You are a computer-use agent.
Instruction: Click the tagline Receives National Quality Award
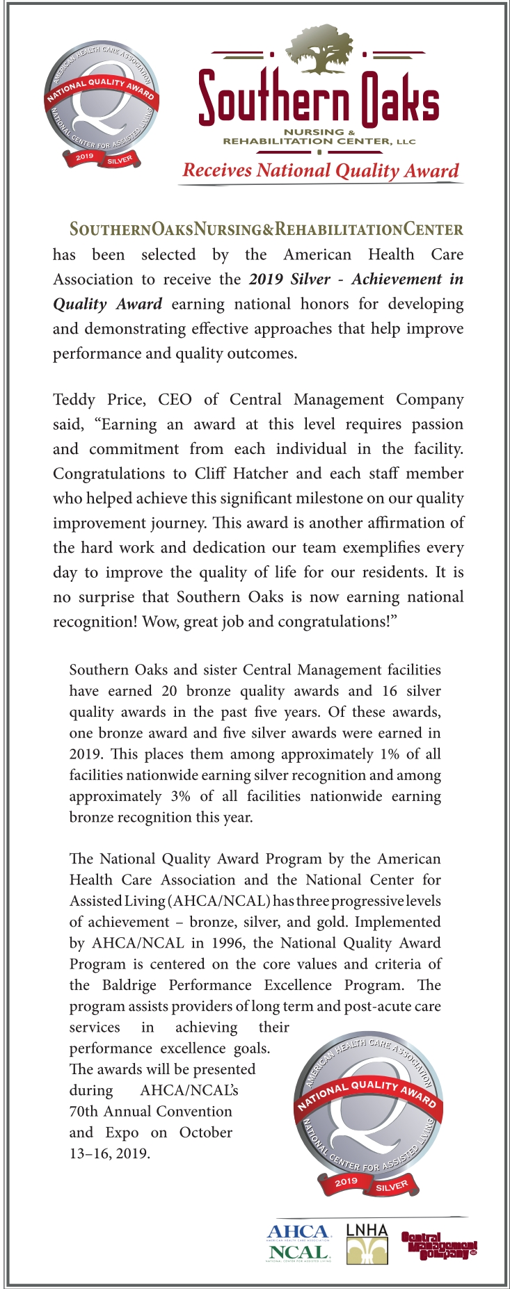[x=321, y=170]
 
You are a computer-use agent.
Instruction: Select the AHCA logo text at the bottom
[x=298, y=1233]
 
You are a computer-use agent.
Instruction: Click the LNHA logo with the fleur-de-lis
[x=367, y=1243]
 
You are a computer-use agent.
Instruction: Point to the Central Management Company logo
[x=438, y=1245]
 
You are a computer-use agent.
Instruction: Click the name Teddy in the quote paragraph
[x=74, y=400]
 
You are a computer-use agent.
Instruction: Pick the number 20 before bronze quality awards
[x=169, y=691]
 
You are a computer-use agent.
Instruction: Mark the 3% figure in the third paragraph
[x=180, y=796]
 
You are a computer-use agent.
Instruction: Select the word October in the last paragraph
[x=205, y=1133]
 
